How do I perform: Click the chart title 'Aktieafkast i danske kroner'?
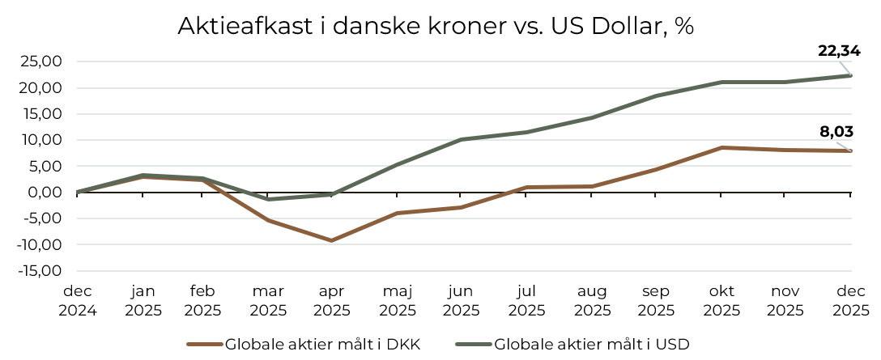(x=436, y=26)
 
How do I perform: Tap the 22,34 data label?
(x=839, y=51)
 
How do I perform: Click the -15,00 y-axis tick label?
(x=40, y=270)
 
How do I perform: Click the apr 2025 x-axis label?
(x=332, y=301)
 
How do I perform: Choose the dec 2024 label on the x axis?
(x=78, y=301)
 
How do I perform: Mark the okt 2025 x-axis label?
(x=721, y=301)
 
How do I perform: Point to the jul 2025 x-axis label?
(x=526, y=301)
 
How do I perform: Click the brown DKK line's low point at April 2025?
(x=332, y=240)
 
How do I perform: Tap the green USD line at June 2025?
(x=462, y=139)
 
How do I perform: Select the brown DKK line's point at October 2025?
(x=721, y=147)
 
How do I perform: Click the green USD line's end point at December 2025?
(x=850, y=75)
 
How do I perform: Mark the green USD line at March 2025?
(x=267, y=199)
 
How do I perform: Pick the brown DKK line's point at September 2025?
(x=656, y=169)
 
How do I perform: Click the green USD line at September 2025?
(x=656, y=95)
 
